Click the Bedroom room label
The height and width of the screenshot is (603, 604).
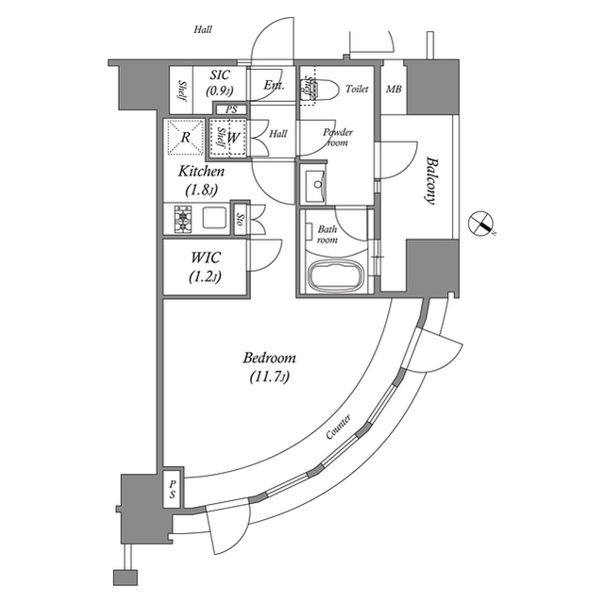[269, 359]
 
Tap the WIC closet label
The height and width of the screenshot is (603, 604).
[205, 258]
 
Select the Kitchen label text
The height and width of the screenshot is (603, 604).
[202, 172]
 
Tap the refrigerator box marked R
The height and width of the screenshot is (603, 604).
[185, 137]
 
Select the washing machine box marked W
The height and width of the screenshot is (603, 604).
[231, 137]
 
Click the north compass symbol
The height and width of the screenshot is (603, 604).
[482, 224]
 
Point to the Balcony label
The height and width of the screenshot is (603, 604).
[430, 180]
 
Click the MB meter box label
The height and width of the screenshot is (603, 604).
[394, 90]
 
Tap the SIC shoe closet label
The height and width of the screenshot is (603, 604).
[219, 75]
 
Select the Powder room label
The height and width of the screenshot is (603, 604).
[337, 137]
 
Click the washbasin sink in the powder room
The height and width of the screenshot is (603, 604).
[312, 183]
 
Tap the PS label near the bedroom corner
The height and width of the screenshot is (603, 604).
[172, 488]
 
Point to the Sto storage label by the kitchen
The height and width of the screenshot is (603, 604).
[240, 220]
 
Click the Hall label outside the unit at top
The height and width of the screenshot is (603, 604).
[203, 30]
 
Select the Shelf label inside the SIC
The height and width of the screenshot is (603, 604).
[181, 89]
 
